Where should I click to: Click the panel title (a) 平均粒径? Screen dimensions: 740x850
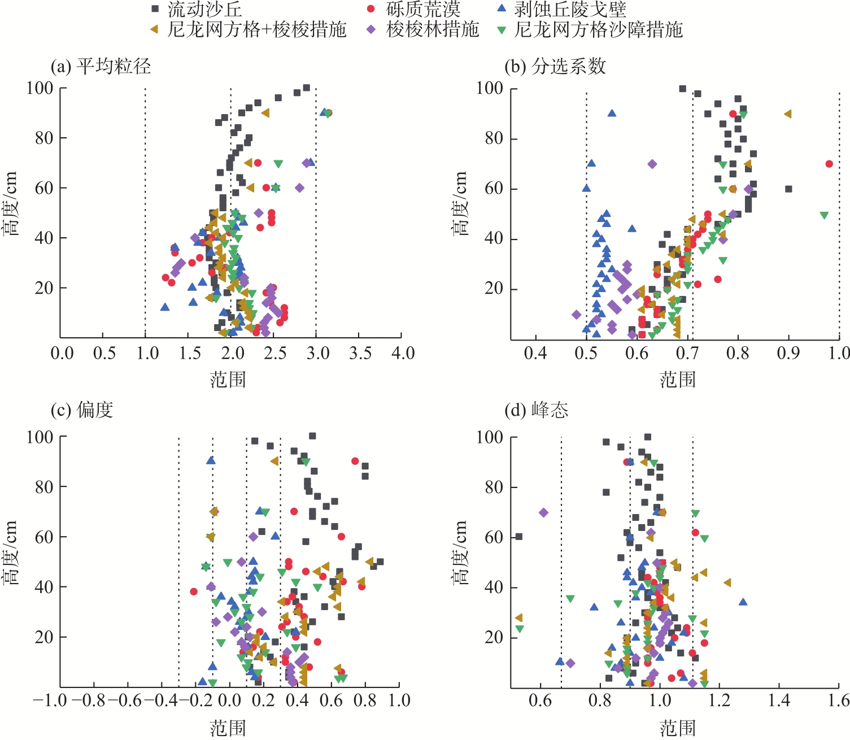(101, 67)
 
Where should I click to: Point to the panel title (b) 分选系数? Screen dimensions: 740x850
(555, 67)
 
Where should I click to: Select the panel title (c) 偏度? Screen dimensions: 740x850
(82, 410)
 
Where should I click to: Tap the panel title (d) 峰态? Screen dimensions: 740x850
(537, 410)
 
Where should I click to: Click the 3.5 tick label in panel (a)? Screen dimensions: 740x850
(360, 354)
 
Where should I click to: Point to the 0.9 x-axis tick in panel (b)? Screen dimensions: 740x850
(788, 354)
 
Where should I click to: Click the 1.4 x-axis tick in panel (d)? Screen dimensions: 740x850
(779, 701)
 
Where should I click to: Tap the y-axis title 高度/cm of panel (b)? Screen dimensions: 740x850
(460, 204)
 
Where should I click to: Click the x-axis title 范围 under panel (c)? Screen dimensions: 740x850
(228, 728)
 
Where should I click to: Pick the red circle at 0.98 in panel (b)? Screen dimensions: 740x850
(829, 164)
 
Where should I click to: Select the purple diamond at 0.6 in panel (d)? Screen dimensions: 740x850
(543, 512)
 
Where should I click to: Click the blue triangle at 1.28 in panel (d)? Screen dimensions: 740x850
(743, 602)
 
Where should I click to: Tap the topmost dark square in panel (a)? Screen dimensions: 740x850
(306, 88)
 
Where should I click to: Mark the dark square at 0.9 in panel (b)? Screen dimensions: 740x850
(788, 189)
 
